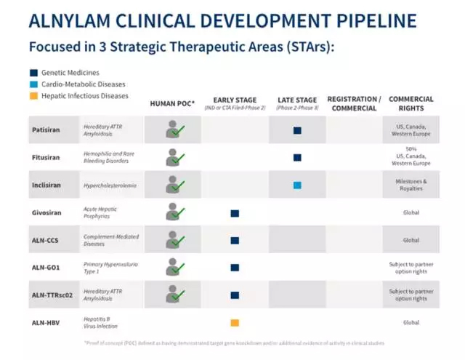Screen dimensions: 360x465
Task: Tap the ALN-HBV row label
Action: point(44,322)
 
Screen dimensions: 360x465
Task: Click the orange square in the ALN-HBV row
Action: point(235,322)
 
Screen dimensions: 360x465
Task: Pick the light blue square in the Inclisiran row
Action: point(297,185)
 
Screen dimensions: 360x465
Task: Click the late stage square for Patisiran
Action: point(297,130)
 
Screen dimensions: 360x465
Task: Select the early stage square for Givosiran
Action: point(235,213)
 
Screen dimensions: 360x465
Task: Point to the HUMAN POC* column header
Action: point(172,103)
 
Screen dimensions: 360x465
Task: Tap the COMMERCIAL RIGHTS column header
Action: point(411,103)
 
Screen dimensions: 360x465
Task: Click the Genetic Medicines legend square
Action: point(33,73)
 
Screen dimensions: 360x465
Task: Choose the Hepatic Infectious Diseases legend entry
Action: point(84,95)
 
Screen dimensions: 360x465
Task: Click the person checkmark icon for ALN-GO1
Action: point(174,267)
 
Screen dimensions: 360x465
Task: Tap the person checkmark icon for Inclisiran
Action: point(174,185)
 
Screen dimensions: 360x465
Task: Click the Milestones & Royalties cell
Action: point(411,185)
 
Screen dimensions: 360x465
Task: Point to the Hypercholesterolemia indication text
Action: point(110,185)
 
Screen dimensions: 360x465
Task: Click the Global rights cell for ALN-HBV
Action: point(411,322)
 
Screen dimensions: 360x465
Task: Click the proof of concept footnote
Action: point(233,343)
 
